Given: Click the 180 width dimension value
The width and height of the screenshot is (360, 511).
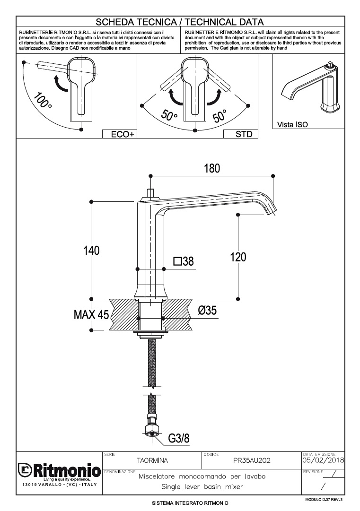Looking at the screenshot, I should pos(211,169).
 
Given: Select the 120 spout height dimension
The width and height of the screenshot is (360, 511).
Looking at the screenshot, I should pos(238,257).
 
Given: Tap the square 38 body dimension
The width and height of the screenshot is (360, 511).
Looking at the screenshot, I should pos(184,261).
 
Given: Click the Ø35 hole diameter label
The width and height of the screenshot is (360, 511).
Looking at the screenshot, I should pos(208,311).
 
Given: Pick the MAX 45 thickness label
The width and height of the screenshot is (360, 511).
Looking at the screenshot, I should pos(91,314).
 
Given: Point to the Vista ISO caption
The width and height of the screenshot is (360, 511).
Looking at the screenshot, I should pos(292,125).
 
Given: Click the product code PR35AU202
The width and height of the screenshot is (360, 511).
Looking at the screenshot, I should pos(252,460).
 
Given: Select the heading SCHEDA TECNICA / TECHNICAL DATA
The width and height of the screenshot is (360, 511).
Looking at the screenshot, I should pos(180,22).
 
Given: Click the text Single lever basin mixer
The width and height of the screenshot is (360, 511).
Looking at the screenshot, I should pos(202,486).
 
